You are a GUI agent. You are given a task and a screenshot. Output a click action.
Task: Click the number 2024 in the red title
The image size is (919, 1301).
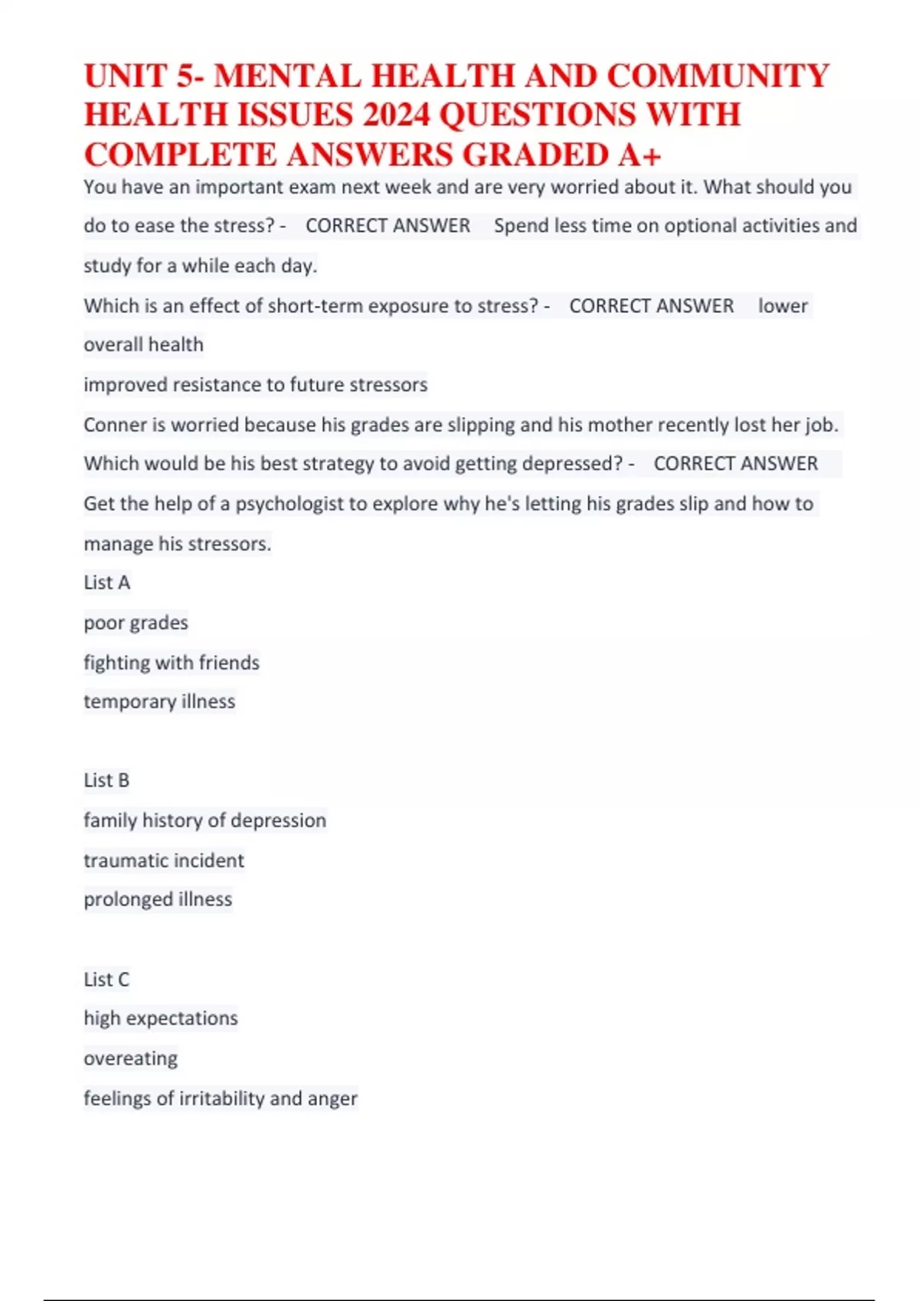point(396,116)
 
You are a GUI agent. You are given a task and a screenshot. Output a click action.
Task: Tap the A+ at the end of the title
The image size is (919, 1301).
point(639,155)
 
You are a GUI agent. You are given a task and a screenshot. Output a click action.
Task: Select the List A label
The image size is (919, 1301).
point(107,583)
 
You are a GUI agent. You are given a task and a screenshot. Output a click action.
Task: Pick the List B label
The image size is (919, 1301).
point(106,781)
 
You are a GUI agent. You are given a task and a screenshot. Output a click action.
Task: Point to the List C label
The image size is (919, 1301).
point(106,980)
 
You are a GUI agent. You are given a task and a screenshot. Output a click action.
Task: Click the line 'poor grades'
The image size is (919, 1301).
point(136,623)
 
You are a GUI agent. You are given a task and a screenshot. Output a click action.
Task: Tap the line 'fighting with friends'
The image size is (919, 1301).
point(172,663)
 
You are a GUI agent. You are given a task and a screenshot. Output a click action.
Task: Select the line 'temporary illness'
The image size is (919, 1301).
point(159,702)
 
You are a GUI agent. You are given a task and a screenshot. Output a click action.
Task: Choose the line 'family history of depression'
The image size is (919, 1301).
point(204,820)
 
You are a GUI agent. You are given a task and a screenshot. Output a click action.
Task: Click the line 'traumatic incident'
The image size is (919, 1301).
point(164,861)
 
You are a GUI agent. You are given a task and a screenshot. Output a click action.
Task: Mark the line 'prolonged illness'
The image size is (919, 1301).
point(158,899)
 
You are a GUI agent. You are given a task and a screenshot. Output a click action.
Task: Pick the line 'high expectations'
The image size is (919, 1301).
point(161,1019)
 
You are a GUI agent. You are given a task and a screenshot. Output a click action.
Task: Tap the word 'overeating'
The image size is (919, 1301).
point(131,1058)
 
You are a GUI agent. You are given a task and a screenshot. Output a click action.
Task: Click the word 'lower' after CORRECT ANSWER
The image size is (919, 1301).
point(783,306)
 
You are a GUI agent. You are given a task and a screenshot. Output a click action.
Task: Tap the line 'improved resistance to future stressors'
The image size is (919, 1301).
point(255,385)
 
